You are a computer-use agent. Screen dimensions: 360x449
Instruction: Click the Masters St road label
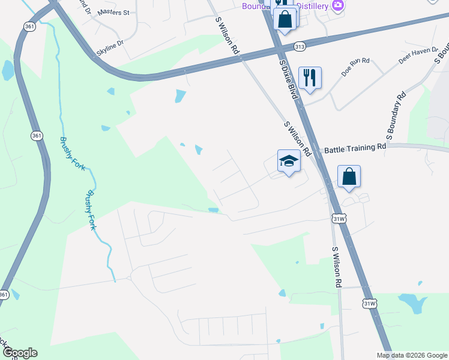coord(113,12)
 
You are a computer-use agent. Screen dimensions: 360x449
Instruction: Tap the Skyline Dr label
coord(112,43)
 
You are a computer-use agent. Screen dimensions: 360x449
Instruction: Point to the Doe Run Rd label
coord(357,67)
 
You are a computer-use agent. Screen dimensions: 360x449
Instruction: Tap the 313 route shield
coord(301,46)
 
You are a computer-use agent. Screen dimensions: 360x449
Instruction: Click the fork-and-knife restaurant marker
coord(310,77)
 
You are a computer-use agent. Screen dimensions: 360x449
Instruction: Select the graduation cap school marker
coord(289,161)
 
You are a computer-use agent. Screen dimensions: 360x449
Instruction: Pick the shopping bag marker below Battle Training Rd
coord(349,176)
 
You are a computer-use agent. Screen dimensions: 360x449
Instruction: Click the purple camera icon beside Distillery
coord(338,5)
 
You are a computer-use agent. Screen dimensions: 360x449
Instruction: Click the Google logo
coord(20,353)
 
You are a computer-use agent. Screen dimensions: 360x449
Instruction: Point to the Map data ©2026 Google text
coord(412,355)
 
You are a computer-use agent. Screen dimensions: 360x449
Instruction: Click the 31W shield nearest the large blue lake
coord(370,304)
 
